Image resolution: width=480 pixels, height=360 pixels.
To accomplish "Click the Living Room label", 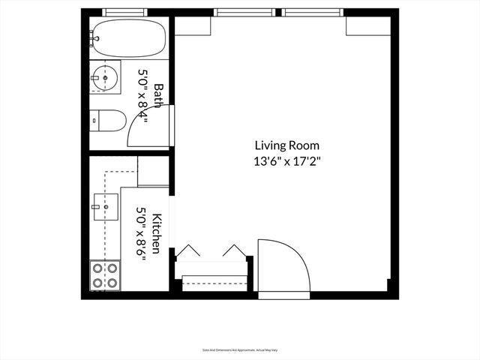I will coord(287,145).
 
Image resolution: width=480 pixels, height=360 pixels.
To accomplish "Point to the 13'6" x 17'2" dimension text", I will coord(287,160).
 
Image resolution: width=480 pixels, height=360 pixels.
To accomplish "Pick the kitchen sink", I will coord(106,204).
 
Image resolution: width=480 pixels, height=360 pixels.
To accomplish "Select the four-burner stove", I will coord(104,275).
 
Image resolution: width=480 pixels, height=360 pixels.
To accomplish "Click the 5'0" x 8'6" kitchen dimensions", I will coord(140,232).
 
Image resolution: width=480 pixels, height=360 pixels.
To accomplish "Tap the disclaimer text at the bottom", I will coord(240,349).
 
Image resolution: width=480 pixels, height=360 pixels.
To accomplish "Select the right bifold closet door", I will coord(233,250).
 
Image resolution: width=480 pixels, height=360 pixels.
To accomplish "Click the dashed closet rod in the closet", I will coord(214,283).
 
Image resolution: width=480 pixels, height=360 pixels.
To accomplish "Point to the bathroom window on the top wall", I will coord(124,12).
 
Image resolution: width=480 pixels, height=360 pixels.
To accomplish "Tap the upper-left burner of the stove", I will coord(97,268).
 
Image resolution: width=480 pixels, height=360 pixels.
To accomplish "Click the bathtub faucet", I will coord(94,35).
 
